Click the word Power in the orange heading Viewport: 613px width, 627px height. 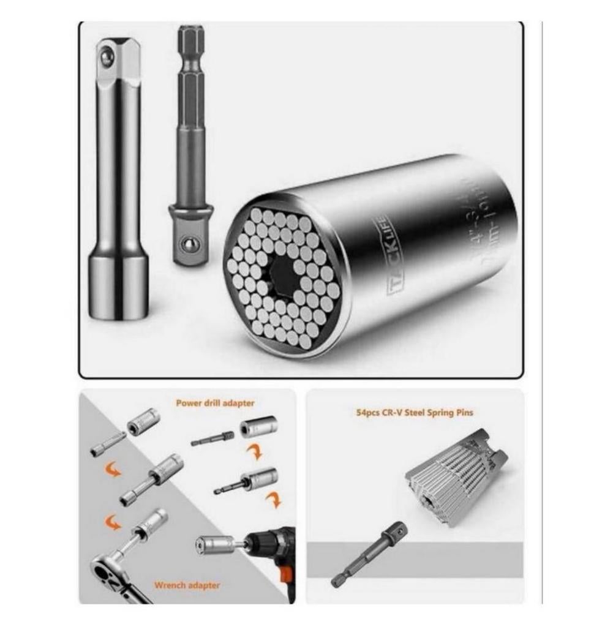coord(189,404)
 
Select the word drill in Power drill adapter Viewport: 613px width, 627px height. coord(214,404)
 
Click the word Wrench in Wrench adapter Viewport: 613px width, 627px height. coord(168,585)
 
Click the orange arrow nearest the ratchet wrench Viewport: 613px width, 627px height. coord(112,522)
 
